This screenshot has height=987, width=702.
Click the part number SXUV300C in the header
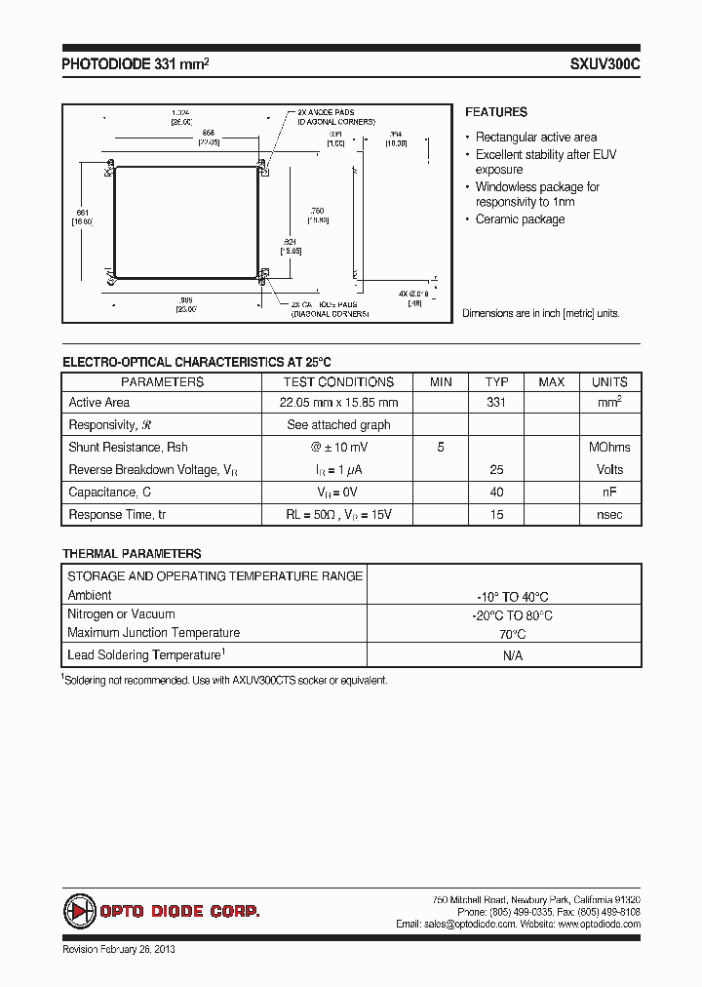pos(604,63)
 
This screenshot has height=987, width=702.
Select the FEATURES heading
pos(495,112)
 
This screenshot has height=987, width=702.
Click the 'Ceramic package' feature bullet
pos(520,219)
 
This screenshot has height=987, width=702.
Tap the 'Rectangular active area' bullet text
pos(536,138)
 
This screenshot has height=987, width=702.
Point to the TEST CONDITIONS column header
pos(338,382)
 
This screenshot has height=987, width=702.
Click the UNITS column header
pos(609,382)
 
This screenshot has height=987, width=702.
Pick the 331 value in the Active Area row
pos(496,403)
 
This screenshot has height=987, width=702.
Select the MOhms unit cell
pos(609,448)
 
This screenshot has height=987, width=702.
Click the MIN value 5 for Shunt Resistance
pos(441,448)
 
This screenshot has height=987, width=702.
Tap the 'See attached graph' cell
pos(338,425)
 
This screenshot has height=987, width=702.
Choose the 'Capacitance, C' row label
pos(110,493)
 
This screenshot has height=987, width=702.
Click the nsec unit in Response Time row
pos(609,515)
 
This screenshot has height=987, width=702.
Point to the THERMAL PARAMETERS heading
pos(132,553)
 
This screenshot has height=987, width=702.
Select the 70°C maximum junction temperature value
pos(512,634)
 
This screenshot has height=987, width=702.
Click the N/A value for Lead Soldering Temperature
pos(512,655)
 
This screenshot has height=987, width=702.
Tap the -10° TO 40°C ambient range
pos(512,597)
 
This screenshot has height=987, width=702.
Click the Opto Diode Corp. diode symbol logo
pos(79,911)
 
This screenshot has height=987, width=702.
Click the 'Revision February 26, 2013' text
pos(118,949)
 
